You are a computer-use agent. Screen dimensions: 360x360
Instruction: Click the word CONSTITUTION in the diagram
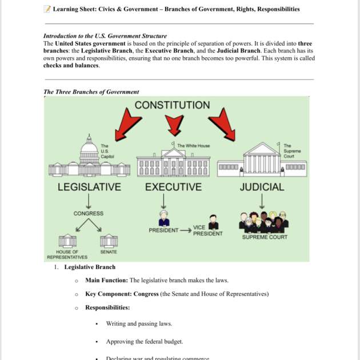tap(172, 105)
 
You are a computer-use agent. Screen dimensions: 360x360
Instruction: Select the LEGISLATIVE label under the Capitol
tap(89, 187)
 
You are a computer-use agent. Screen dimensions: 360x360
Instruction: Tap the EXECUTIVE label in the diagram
tap(173, 187)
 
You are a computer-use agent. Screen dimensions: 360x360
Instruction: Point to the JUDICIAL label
tap(262, 187)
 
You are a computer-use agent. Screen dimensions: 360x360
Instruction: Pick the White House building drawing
tap(173, 161)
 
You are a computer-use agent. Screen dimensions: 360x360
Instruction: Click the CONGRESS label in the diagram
tap(89, 214)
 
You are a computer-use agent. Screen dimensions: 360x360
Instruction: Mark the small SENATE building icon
tap(109, 241)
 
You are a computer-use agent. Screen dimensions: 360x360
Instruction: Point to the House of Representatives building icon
tap(67, 241)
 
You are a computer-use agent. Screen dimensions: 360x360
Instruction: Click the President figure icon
tap(164, 219)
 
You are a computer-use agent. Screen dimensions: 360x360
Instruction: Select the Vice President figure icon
tap(214, 222)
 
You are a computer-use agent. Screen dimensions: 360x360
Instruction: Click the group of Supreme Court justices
tap(262, 222)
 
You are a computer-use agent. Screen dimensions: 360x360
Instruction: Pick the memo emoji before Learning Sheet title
tap(47, 9)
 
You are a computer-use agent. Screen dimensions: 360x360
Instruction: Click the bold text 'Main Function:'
tap(106, 281)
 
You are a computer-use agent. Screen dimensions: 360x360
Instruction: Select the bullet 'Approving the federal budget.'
tap(145, 342)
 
